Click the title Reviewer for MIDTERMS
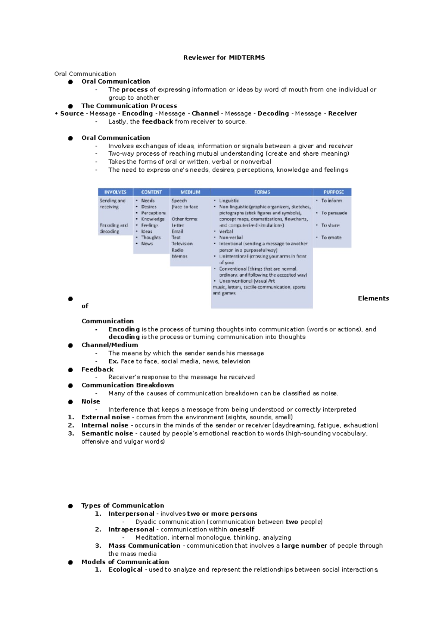point(224,58)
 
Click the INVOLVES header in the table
point(115,192)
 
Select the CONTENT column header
point(151,192)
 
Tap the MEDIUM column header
point(190,192)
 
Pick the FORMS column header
point(262,192)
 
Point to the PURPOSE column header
point(333,192)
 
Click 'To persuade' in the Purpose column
point(334,213)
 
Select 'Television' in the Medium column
point(182,243)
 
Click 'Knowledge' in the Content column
point(153,219)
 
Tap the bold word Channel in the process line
point(205,114)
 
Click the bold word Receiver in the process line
point(342,114)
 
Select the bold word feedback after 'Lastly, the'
point(157,122)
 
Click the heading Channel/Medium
point(110,345)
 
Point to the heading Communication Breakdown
point(128,385)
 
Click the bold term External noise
point(106,417)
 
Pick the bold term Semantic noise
point(107,433)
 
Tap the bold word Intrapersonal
point(131,529)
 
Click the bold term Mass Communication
point(144,546)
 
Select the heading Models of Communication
point(125,562)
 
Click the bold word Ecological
point(125,570)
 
